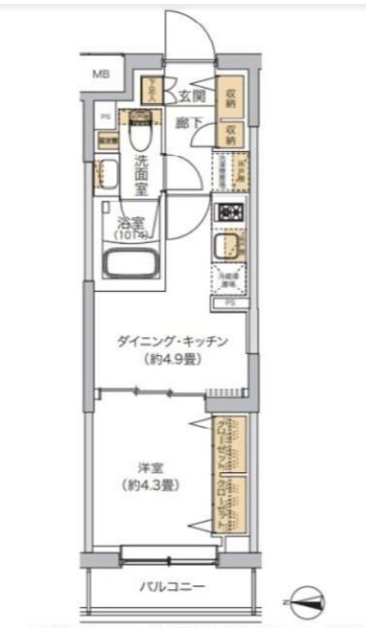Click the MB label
click(x=100, y=73)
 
